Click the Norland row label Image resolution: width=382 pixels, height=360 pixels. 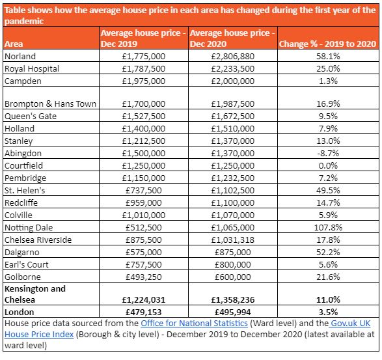click(x=20, y=56)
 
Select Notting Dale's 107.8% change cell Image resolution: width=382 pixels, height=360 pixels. click(x=328, y=227)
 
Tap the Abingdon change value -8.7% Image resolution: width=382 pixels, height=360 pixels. click(x=328, y=154)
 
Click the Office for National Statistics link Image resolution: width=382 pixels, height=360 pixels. click(x=194, y=323)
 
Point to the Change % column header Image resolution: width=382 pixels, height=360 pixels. click(x=328, y=44)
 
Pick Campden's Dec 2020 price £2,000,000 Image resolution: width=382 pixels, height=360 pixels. click(x=233, y=81)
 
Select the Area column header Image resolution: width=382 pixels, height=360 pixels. click(x=14, y=44)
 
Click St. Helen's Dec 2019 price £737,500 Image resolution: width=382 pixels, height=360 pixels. click(x=143, y=190)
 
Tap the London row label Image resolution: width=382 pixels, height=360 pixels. click(x=20, y=312)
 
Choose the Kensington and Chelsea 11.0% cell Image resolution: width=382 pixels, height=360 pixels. click(x=328, y=300)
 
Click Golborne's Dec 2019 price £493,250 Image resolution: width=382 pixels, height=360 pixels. click(x=143, y=277)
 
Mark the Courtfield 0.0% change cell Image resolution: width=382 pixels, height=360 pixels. click(x=328, y=166)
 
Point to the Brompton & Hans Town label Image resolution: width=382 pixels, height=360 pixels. click(x=50, y=104)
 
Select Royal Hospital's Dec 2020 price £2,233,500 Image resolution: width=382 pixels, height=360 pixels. click(x=233, y=69)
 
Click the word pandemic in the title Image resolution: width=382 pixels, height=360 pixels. click(x=24, y=21)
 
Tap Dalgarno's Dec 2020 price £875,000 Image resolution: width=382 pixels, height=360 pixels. click(x=233, y=253)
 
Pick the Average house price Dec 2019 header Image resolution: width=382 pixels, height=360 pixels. click(x=143, y=38)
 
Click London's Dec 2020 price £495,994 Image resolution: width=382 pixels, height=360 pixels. click(x=233, y=312)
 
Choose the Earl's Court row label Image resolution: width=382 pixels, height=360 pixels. click(x=27, y=265)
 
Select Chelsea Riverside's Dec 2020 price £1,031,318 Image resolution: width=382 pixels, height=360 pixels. click(x=233, y=240)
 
